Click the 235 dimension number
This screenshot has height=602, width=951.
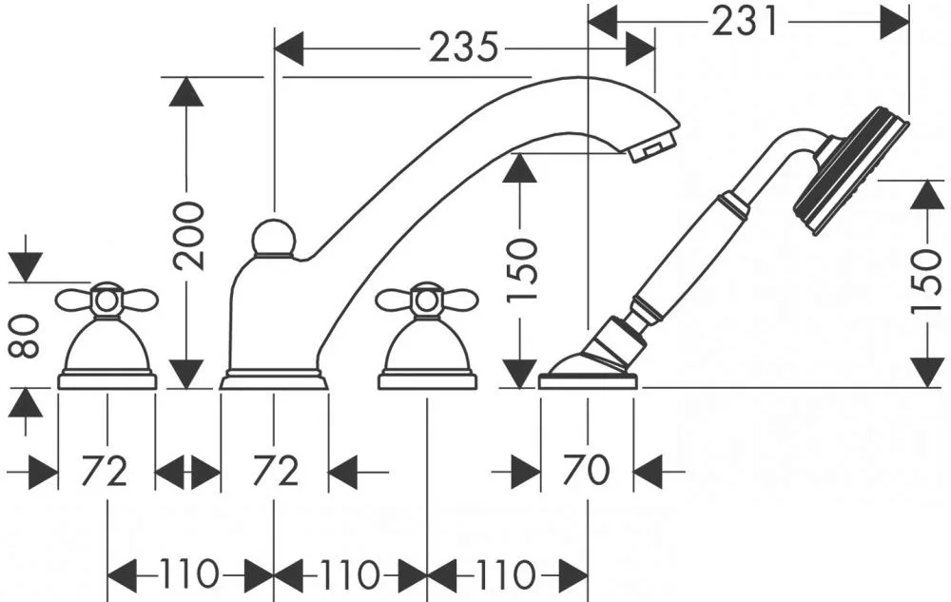(x=463, y=47)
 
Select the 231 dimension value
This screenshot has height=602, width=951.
(x=745, y=21)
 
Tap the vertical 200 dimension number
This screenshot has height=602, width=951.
(x=187, y=235)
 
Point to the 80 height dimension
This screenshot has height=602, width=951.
(x=26, y=337)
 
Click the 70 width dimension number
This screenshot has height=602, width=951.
(x=587, y=470)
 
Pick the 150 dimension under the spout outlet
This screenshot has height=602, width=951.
(x=522, y=270)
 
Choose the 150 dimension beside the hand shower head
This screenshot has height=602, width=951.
(x=927, y=281)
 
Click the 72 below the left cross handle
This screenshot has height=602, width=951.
(x=105, y=470)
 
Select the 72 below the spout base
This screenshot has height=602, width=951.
(x=276, y=470)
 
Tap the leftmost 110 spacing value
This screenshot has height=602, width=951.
(x=188, y=573)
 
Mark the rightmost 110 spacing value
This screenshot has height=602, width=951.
(x=506, y=573)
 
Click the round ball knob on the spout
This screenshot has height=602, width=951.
(x=274, y=240)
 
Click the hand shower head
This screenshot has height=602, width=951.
(x=851, y=171)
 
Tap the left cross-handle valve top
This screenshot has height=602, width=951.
(x=107, y=301)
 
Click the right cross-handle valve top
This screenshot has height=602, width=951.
(x=427, y=301)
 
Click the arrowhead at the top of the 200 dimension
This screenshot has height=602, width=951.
(x=186, y=91)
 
